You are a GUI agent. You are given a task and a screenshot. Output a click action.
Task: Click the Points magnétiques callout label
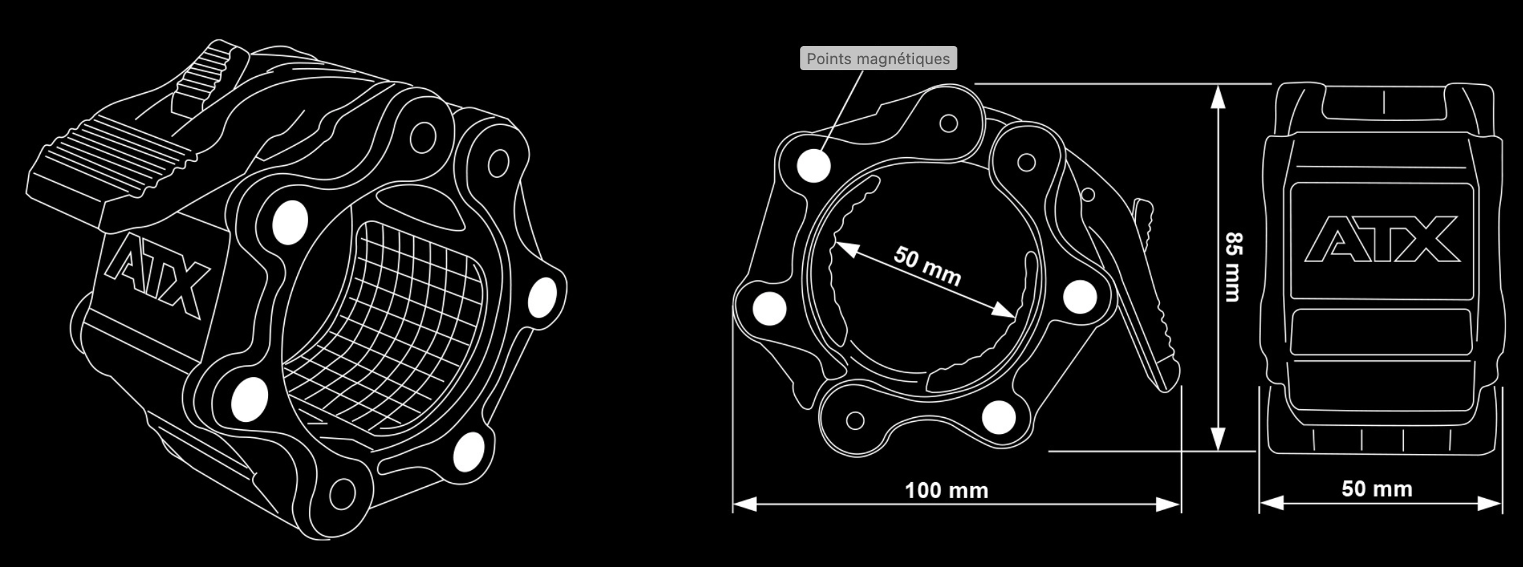coord(878,59)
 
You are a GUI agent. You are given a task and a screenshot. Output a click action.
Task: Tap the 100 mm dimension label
coord(946,491)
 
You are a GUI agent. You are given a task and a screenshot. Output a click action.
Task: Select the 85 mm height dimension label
coord(1234,267)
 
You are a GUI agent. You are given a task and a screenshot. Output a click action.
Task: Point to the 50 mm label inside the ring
coord(927,266)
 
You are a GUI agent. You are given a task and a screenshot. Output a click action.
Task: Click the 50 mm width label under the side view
coord(1377,489)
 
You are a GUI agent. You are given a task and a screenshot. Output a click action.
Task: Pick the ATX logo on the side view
coord(1381,239)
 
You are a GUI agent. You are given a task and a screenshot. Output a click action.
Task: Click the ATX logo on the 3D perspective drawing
coord(157,277)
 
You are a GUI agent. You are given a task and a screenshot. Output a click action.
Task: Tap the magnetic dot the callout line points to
coord(814,165)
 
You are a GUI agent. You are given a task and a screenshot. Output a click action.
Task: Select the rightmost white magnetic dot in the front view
coord(1080,296)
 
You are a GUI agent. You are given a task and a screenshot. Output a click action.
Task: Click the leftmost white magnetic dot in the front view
coord(769,309)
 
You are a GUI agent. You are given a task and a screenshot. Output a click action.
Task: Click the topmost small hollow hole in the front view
coord(948,124)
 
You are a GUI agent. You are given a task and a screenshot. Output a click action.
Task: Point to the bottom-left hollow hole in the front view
coord(854,421)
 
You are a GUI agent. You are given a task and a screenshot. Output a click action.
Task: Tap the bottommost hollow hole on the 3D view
coord(342,493)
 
